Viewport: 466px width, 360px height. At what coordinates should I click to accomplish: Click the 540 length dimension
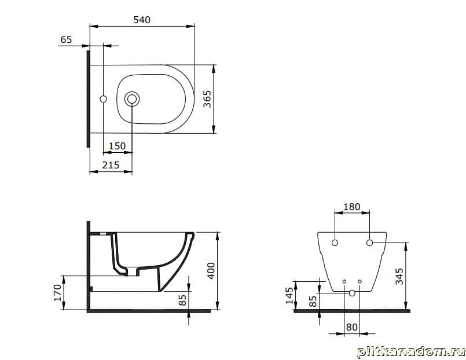tap(142, 20)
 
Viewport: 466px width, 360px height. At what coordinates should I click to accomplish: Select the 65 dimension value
tap(66, 39)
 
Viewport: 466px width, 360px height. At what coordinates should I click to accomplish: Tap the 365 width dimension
tap(207, 99)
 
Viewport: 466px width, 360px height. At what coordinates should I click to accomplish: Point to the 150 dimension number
tap(117, 146)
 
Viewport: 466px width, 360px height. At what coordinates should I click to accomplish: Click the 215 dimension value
tap(111, 165)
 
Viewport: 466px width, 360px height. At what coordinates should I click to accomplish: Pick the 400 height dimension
tap(211, 271)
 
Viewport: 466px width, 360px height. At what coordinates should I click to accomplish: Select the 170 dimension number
tap(58, 292)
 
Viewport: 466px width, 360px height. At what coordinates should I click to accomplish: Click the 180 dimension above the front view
tap(352, 207)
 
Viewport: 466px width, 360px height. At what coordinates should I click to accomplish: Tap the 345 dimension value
tap(399, 276)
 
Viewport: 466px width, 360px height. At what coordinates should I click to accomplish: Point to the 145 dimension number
tap(289, 295)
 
